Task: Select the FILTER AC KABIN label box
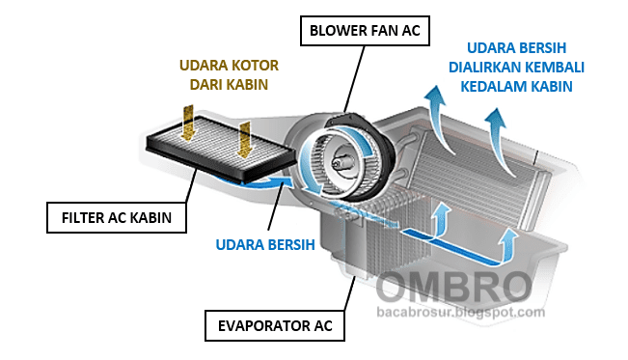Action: (x=109, y=217)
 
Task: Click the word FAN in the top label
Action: (x=387, y=31)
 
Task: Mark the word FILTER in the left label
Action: (x=81, y=217)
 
